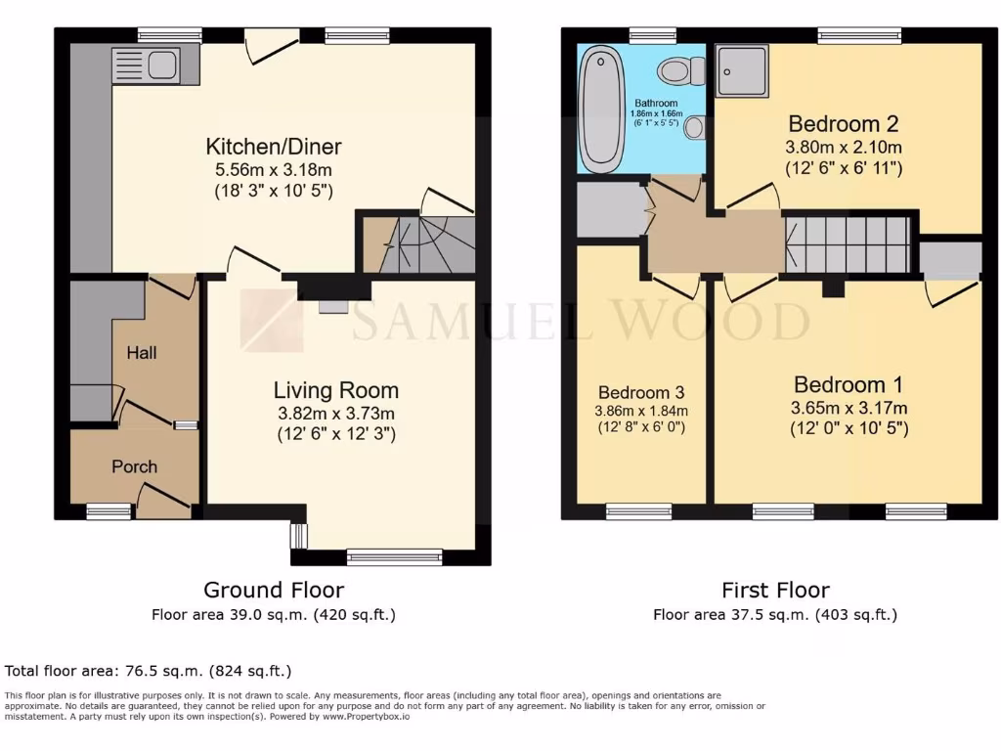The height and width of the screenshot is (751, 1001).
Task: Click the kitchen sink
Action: pyautogui.click(x=146, y=66)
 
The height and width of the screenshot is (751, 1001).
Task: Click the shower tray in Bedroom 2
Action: pyautogui.click(x=742, y=70)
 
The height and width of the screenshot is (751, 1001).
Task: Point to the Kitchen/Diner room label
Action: pyautogui.click(x=273, y=148)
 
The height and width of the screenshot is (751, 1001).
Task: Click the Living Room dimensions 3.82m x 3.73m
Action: pyautogui.click(x=335, y=413)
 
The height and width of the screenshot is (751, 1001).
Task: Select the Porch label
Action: pyautogui.click(x=134, y=466)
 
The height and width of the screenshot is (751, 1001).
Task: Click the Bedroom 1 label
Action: pyautogui.click(x=848, y=384)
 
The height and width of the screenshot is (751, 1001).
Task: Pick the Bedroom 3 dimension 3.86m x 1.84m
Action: pyautogui.click(x=640, y=411)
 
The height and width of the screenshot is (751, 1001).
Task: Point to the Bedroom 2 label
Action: pyautogui.click(x=843, y=124)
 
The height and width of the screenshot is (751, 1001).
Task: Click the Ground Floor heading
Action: pyautogui.click(x=273, y=590)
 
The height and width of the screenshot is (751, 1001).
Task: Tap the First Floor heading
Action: pyautogui.click(x=775, y=590)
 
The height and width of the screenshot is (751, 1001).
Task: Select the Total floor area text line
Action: pyautogui.click(x=149, y=671)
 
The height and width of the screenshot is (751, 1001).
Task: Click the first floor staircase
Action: pyautogui.click(x=848, y=243)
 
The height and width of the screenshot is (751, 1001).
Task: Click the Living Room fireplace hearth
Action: pyautogui.click(x=332, y=306)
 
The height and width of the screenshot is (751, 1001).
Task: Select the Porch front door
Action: pyautogui.click(x=162, y=505)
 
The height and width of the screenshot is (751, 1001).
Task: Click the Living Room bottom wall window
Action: pyautogui.click(x=394, y=558)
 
